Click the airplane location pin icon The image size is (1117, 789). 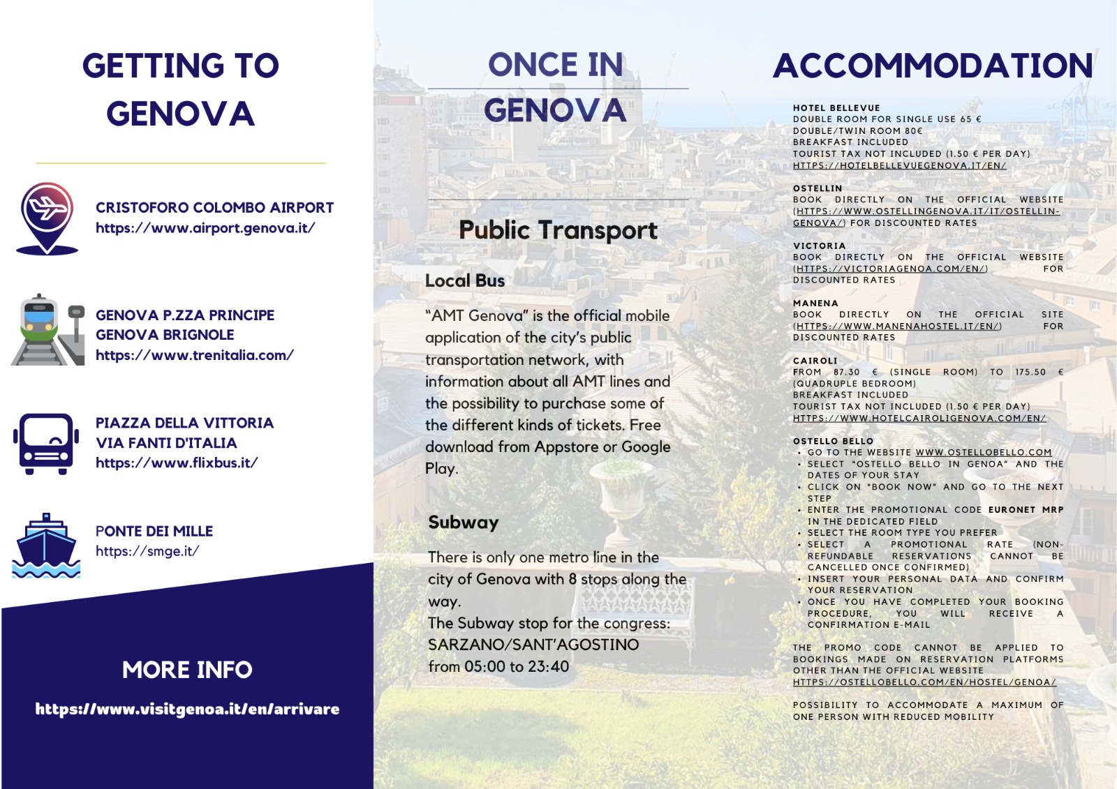coord(47,217)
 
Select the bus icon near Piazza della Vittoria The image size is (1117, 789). coord(45,444)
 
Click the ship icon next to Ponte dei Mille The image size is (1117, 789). coord(46,546)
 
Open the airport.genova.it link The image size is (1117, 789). coord(205,228)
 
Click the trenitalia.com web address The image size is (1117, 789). coord(195,355)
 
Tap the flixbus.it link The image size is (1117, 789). coord(177,463)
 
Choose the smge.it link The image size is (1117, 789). coord(147,551)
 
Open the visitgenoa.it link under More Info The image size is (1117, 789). coord(187,709)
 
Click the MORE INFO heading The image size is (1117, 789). coord(187,670)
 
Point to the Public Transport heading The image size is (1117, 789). coord(558,230)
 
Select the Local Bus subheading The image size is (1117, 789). coord(465,280)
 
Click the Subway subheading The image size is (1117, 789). coord(464,523)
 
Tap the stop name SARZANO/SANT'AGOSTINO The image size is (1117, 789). coord(533,645)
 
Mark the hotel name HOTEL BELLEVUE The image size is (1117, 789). coord(836,108)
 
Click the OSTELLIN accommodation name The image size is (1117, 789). coord(818,188)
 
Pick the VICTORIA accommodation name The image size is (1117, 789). coord(819,246)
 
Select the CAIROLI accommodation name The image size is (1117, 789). coord(815,361)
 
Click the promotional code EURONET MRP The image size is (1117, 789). coord(1026,510)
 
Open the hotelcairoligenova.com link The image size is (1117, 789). coord(919,419)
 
